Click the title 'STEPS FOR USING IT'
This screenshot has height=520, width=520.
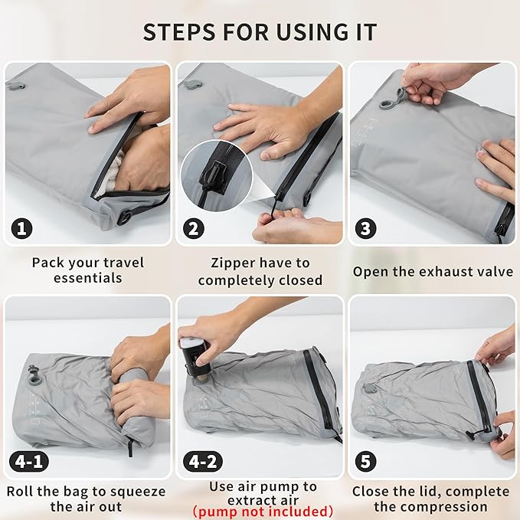point(260,33)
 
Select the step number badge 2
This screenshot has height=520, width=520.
point(195,228)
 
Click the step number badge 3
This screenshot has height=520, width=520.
point(366,228)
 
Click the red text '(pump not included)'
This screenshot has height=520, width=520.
point(263,511)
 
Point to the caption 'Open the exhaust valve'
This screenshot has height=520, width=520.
point(433,271)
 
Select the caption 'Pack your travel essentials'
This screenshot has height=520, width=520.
point(87,270)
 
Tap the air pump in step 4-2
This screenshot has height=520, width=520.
point(195,355)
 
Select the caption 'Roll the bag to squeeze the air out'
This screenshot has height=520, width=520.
point(86,498)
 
